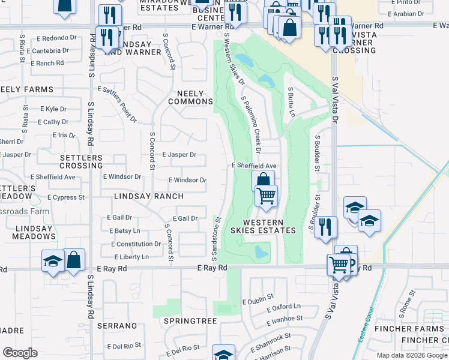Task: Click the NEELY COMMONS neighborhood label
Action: (190, 97)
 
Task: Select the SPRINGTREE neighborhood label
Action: (190, 321)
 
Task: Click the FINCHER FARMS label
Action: (409, 329)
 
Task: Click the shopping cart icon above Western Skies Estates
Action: (266, 195)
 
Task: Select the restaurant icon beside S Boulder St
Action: (325, 227)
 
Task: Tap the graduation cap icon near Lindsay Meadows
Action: (53, 262)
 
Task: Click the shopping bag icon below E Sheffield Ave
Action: (263, 180)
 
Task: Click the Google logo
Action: (20, 353)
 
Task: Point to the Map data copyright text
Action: (411, 355)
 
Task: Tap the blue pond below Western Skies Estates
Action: (261, 252)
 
